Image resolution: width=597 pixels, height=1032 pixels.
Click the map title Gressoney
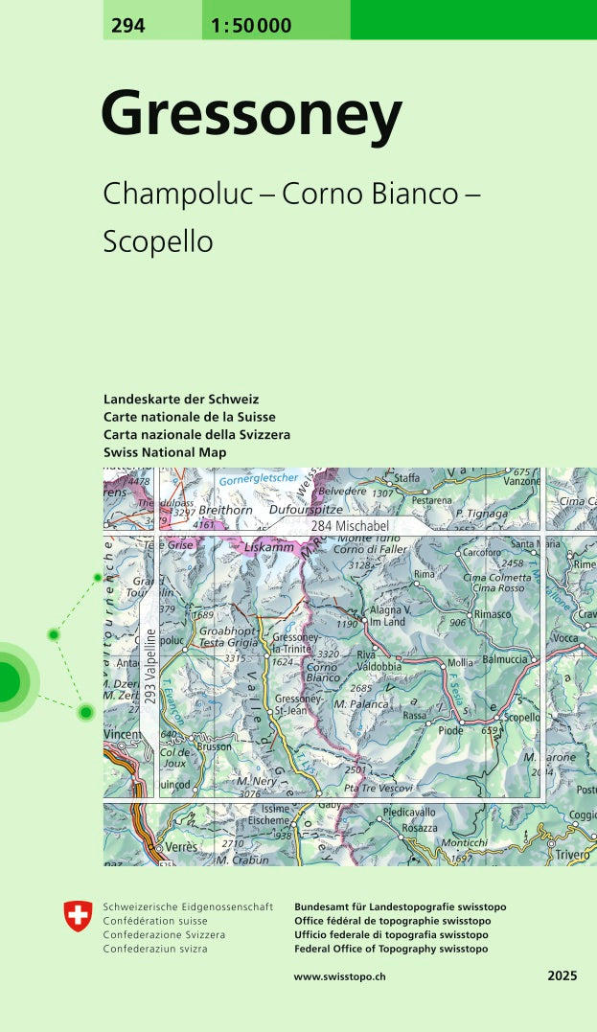(x=251, y=115)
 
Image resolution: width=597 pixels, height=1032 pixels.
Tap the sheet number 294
(x=127, y=26)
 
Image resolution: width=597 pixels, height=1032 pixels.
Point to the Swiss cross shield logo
(x=79, y=916)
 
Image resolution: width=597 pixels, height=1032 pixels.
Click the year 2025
(x=563, y=975)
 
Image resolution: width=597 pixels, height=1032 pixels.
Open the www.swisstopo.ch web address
(x=339, y=975)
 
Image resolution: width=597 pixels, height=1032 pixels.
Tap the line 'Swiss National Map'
(x=165, y=452)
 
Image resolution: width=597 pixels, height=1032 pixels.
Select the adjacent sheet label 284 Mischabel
(x=349, y=526)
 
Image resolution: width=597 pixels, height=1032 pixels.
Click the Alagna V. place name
(x=390, y=610)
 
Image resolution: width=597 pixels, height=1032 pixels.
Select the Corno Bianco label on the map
(x=323, y=673)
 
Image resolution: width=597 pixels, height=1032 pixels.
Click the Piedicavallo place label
(x=409, y=813)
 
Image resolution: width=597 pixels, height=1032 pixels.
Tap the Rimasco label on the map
(x=494, y=614)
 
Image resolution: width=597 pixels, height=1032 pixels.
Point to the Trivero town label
(x=573, y=854)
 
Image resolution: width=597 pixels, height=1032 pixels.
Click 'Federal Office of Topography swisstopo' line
(x=391, y=949)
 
